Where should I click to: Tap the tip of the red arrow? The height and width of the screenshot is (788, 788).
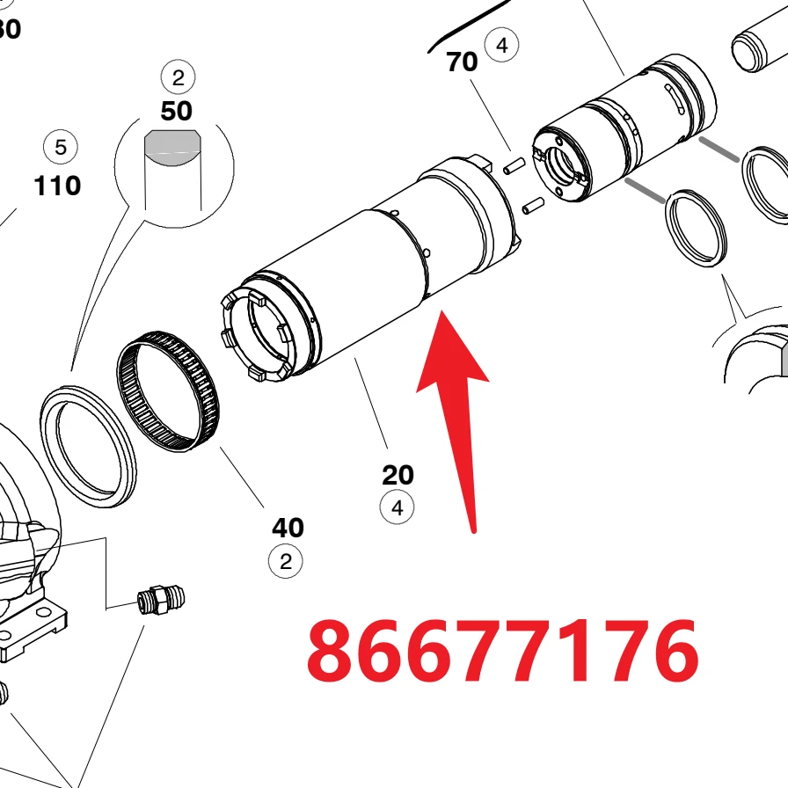[441, 311]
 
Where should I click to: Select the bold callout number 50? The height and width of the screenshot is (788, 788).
[176, 111]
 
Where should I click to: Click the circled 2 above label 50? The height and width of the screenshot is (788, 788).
[178, 77]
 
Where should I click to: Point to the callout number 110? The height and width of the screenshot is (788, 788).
[57, 186]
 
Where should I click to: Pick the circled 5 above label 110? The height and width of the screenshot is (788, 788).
[61, 147]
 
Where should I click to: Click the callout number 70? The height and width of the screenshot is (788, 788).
[462, 62]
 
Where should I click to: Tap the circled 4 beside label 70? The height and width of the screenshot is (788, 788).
[501, 46]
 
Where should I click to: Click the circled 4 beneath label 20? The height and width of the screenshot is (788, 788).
[397, 507]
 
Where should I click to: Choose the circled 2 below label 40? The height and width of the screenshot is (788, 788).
[286, 561]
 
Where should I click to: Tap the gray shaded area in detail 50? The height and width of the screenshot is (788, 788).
[171, 147]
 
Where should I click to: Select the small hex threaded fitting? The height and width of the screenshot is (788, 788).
[161, 599]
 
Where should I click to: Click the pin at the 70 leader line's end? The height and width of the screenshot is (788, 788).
[514, 165]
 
